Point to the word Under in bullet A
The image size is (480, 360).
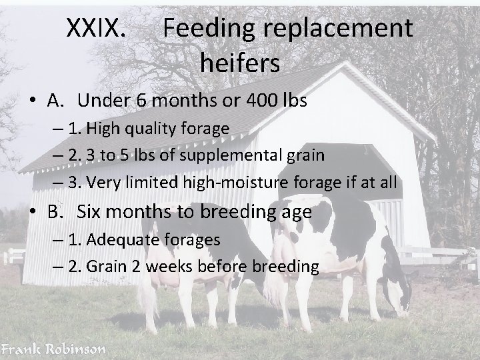pyautogui.click(x=104, y=101)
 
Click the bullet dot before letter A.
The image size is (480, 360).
pyautogui.click(x=33, y=101)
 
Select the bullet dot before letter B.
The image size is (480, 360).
pyautogui.click(x=33, y=213)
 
